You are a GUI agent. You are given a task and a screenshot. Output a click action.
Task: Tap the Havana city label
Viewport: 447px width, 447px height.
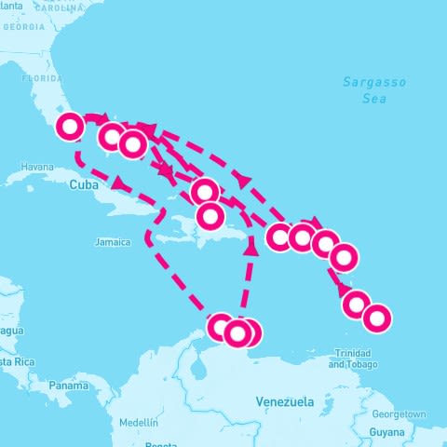click(x=37, y=168)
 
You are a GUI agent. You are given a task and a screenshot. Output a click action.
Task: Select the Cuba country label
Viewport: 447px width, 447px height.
click(x=83, y=185)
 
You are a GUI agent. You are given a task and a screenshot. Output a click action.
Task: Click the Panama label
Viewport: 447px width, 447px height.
click(x=68, y=385)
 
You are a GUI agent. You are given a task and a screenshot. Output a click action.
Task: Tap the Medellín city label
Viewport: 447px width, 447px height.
click(x=138, y=422)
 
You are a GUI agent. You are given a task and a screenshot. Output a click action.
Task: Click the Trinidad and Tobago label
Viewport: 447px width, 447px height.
click(x=359, y=359)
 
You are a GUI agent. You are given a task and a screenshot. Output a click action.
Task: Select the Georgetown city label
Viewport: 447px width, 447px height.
click(x=398, y=414)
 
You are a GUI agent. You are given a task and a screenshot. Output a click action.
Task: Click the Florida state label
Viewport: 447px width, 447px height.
click(x=41, y=79)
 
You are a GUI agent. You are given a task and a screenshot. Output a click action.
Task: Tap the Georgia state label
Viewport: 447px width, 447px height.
click(x=23, y=26)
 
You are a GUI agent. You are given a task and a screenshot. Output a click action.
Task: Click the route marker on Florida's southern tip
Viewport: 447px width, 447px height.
click(x=71, y=126)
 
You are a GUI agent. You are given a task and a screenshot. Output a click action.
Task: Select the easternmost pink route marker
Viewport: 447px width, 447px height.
click(x=376, y=318)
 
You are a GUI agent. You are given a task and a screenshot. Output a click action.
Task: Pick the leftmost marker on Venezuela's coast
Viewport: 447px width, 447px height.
click(x=220, y=327)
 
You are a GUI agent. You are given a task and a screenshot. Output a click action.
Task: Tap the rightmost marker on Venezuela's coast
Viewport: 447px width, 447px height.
click(x=248, y=332)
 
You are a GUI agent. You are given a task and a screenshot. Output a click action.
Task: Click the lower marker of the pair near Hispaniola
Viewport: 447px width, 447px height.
click(x=211, y=217)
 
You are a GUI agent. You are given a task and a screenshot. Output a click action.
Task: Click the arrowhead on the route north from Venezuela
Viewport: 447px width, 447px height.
click(x=249, y=248)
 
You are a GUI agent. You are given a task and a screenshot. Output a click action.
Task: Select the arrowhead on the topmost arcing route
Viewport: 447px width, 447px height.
click(x=245, y=178)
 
